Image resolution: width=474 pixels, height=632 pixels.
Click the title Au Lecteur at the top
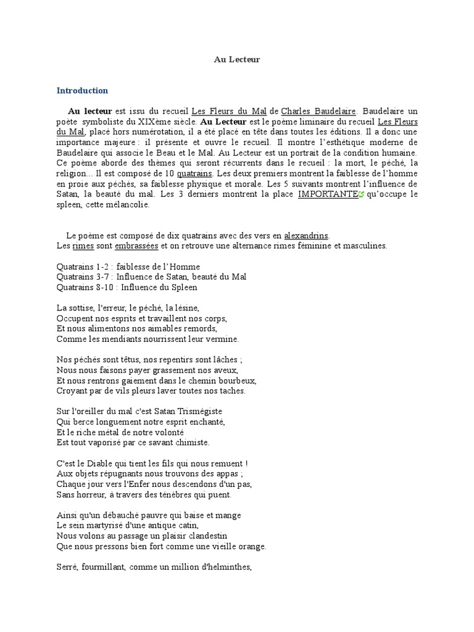point(237,59)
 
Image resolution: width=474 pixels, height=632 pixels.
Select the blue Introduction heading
point(82,91)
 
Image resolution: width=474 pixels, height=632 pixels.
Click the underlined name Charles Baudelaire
point(318,112)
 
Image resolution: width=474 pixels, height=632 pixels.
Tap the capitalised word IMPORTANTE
point(327,194)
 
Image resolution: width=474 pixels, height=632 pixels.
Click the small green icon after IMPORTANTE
point(361,194)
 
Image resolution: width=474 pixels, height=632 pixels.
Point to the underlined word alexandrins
point(307,235)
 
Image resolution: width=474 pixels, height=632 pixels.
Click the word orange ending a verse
point(251,546)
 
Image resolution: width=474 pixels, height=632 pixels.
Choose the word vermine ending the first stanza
point(223,339)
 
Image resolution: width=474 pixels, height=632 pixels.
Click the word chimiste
point(192,442)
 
